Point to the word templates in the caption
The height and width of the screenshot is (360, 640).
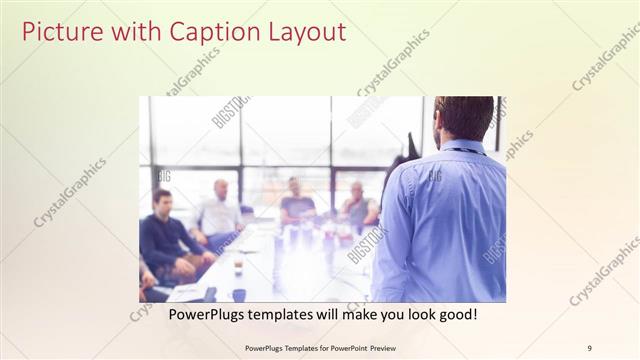(x=292, y=314)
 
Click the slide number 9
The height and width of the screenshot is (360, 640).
(x=589, y=347)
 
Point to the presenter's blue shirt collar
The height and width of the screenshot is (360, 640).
(x=461, y=147)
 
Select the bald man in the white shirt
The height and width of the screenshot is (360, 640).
(x=219, y=210)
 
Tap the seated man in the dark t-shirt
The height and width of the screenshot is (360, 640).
(x=297, y=204)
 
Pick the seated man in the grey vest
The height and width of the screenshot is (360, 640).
(x=358, y=205)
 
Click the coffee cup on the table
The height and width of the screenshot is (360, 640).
(x=238, y=267)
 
